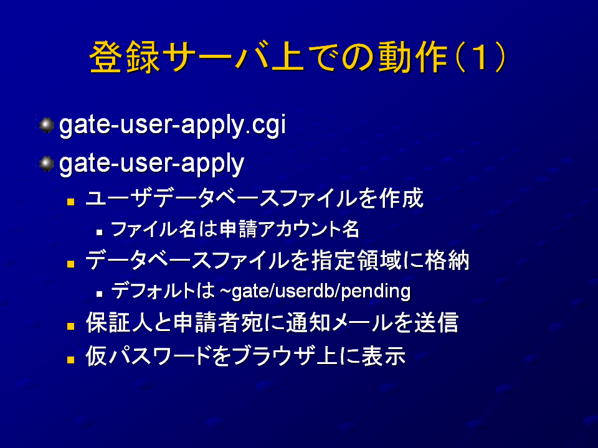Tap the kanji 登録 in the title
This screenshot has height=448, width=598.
tap(125, 57)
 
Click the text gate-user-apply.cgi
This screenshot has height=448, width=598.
tap(173, 125)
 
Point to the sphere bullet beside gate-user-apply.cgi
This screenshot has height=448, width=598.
tap(47, 125)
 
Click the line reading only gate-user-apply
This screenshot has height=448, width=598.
tap(151, 164)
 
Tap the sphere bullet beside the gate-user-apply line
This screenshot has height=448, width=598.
tap(47, 164)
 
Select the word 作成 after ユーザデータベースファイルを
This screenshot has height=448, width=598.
tap(402, 198)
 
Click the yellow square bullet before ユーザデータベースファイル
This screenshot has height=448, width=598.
tap(70, 201)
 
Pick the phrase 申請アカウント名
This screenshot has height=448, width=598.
tap(290, 230)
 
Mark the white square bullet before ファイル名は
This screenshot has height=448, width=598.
tap(100, 232)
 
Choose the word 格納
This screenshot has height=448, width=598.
tap(447, 261)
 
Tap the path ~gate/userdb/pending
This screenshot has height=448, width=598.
tap(315, 291)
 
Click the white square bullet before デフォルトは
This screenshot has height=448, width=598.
tap(100, 294)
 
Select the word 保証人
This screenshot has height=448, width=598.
tap(118, 322)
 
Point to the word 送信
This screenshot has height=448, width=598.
tap(436, 322)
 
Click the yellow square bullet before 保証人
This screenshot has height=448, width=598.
tap(70, 325)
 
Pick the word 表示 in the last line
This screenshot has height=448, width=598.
tap(383, 356)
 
